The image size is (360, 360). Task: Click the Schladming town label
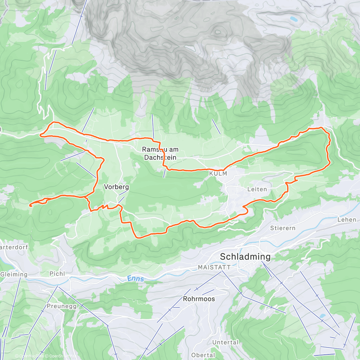point(245,257)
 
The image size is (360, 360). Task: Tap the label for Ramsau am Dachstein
point(160,153)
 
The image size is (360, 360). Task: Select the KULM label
point(218,174)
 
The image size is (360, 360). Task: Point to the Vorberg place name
point(116,187)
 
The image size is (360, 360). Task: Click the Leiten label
point(257,189)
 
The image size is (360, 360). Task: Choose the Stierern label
point(283,228)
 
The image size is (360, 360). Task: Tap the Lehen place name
point(347,220)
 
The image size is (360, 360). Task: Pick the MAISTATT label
point(214,267)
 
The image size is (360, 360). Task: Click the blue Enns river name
point(136,279)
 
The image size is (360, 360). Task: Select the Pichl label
point(57,274)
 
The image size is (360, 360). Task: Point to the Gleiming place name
point(14,274)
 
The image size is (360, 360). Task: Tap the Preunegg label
point(61,306)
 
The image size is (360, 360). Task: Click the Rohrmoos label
point(199,299)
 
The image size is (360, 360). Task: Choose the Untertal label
point(225,342)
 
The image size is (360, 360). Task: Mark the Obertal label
point(203,355)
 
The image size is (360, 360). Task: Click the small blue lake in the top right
point(293,19)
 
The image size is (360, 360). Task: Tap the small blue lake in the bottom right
point(322,316)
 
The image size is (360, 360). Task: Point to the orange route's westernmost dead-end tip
point(30,205)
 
